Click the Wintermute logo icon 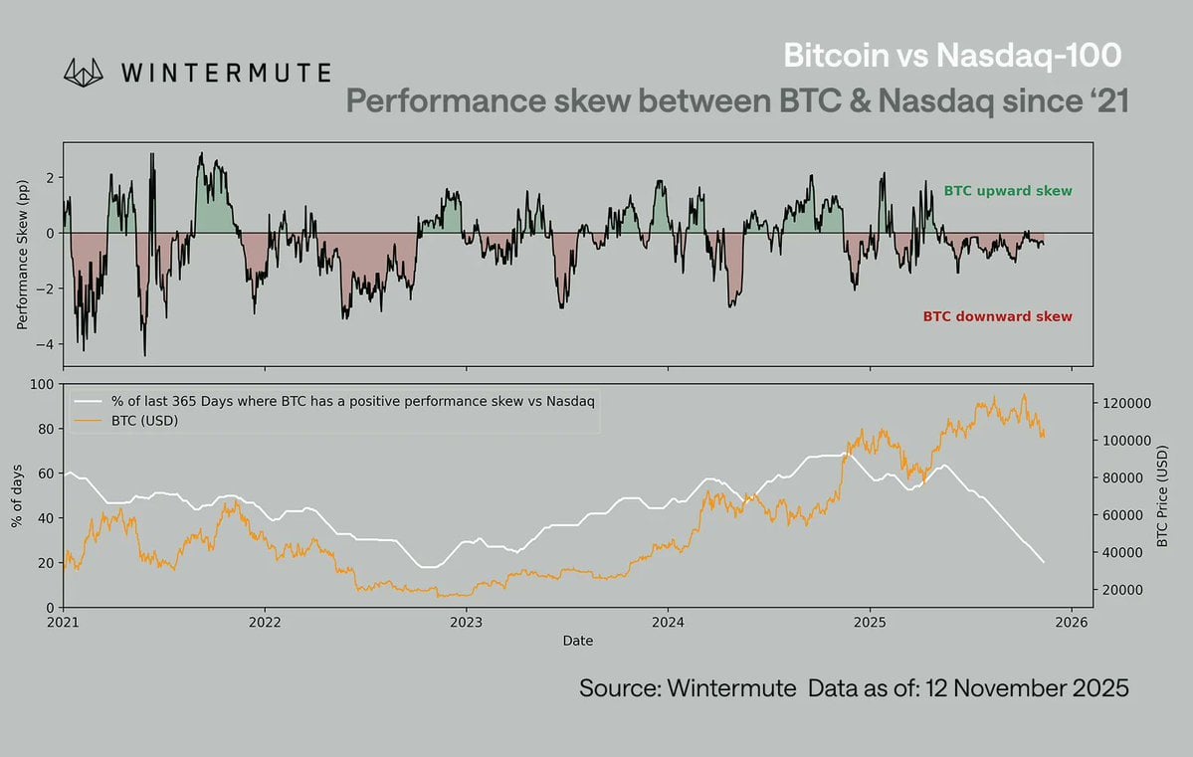pyautogui.click(x=84, y=72)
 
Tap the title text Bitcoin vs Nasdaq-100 pyautogui.click(x=955, y=56)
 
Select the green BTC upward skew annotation pyautogui.click(x=1007, y=190)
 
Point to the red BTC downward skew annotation pyautogui.click(x=997, y=316)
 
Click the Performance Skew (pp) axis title pyautogui.click(x=22, y=255)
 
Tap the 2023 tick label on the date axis pyautogui.click(x=466, y=624)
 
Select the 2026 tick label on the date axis pyautogui.click(x=1071, y=624)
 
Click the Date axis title pyautogui.click(x=577, y=642)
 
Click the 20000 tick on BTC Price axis pyautogui.click(x=1122, y=590)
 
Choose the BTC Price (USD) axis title pyautogui.click(x=1162, y=494)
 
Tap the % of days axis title pyautogui.click(x=18, y=494)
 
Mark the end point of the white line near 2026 pyautogui.click(x=1044, y=562)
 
